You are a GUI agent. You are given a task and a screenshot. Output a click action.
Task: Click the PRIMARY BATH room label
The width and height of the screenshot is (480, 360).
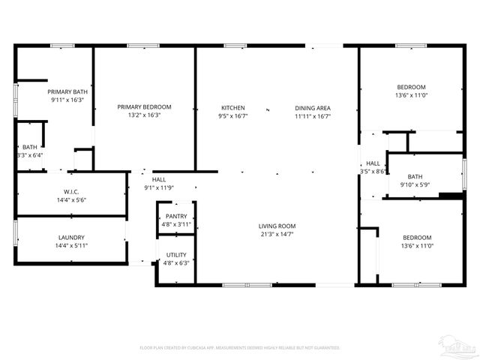pyautogui.click(x=67, y=92)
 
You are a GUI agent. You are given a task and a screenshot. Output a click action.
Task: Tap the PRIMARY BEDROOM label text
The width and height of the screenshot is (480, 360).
pyautogui.click(x=145, y=107)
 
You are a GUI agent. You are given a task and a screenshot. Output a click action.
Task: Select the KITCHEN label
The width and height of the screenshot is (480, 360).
pyautogui.click(x=232, y=108)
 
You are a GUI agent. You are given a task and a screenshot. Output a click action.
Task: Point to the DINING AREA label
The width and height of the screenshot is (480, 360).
pyautogui.click(x=312, y=108)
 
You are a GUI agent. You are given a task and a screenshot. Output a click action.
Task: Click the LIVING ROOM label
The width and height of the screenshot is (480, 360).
pyautogui.click(x=277, y=226)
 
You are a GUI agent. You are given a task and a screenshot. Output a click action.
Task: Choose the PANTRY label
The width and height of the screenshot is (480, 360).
pyautogui.click(x=177, y=217)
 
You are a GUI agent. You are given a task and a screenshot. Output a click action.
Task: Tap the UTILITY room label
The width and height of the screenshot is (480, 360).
pyautogui.click(x=177, y=255)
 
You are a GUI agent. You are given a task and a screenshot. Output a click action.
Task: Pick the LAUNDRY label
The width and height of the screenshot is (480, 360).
pyautogui.click(x=71, y=238)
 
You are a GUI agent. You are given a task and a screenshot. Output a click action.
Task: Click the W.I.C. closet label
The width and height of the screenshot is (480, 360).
pyautogui.click(x=72, y=191)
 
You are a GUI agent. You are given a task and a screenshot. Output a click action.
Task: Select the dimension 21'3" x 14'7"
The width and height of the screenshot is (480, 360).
pyautogui.click(x=277, y=234)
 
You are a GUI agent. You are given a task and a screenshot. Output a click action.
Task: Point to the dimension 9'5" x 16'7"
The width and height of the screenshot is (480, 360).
pyautogui.click(x=232, y=116)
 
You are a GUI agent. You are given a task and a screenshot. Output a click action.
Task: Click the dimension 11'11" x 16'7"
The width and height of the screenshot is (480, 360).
pyautogui.click(x=312, y=116)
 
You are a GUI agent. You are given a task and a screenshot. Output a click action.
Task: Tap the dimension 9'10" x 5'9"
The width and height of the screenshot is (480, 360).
pyautogui.click(x=415, y=184)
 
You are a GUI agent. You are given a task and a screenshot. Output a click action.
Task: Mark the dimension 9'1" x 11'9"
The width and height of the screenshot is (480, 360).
pyautogui.click(x=159, y=187)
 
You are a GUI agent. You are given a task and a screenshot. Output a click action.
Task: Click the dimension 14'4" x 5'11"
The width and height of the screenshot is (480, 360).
pyautogui.click(x=71, y=246)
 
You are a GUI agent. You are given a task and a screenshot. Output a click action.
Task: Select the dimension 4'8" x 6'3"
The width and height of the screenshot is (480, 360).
pyautogui.click(x=177, y=263)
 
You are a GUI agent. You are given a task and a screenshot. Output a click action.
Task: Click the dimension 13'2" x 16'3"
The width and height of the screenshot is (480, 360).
pyautogui.click(x=145, y=115)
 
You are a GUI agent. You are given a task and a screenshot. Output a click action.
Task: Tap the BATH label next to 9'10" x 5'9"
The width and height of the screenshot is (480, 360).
pyautogui.click(x=415, y=177)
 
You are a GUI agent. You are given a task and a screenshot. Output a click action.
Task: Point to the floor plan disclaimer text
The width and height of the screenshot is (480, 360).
pyautogui.click(x=240, y=347)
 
